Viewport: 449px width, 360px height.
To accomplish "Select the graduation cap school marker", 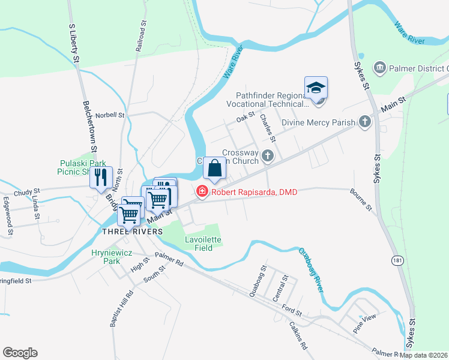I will point(316,88).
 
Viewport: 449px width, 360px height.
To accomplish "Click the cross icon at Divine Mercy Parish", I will point(364,122).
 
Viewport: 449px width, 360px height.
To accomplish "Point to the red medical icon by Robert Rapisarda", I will point(202,191).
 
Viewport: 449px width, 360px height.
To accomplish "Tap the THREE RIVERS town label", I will point(132,231).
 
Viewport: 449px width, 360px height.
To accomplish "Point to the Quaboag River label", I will point(310,269).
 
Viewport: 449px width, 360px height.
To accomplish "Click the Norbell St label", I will point(109,115).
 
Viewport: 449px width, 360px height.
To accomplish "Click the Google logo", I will point(20,353).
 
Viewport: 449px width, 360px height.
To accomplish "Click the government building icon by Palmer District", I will point(379,67).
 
